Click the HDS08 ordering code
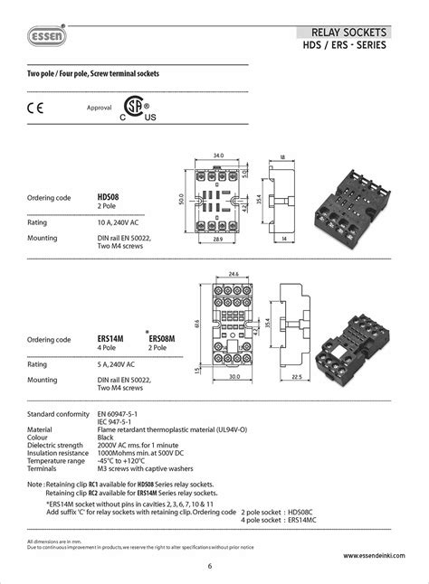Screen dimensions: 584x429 pyautogui.click(x=108, y=196)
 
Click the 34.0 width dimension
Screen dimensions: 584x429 pyautogui.click(x=218, y=155)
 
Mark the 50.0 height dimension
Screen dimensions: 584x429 pyautogui.click(x=181, y=199)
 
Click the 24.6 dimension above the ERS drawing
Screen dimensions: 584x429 pyautogui.click(x=234, y=273)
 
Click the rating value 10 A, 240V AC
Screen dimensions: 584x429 pyautogui.click(x=118, y=221)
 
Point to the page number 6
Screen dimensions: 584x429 pyautogui.click(x=209, y=567)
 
